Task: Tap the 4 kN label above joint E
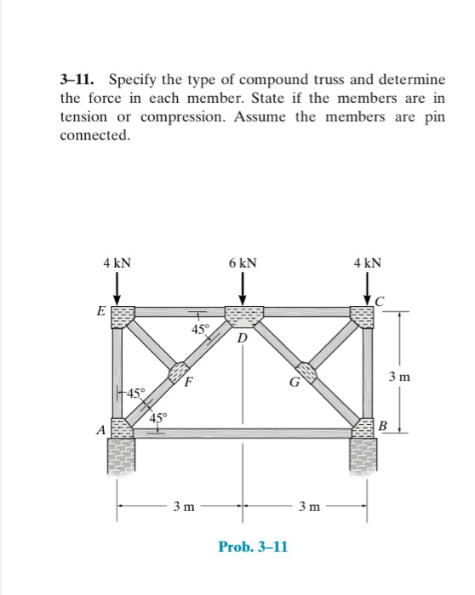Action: pos(117,264)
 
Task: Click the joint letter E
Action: pos(101,311)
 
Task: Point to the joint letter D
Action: pos(243,338)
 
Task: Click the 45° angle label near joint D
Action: pos(200,329)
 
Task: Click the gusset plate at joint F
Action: pos(178,372)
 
